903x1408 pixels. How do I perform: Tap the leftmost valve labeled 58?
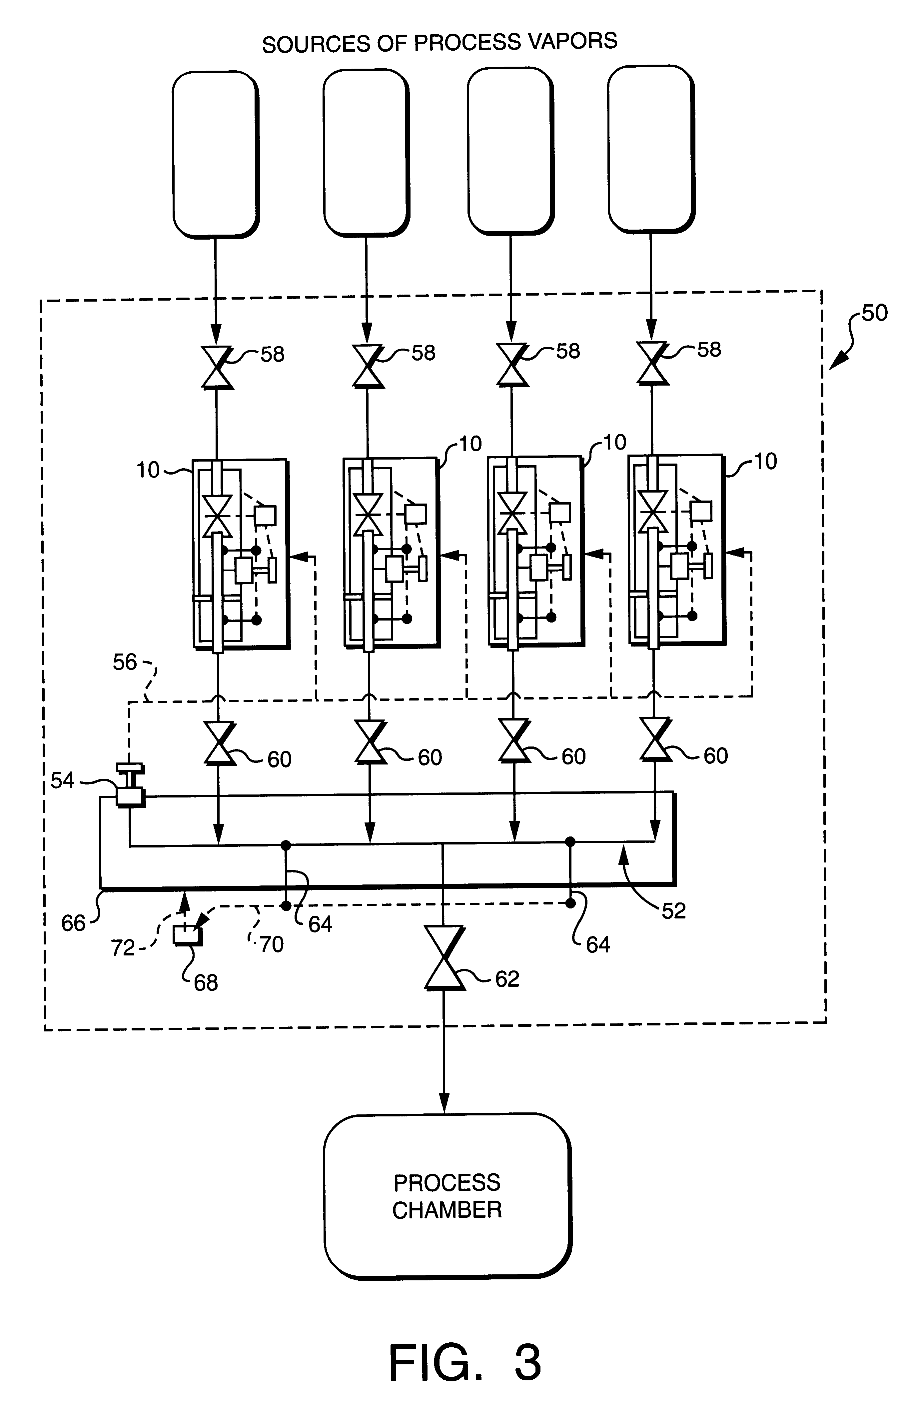pos(217,368)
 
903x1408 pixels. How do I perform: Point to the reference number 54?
pos(63,780)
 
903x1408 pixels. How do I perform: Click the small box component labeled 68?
pos(187,935)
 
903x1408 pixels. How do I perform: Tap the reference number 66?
pos(73,924)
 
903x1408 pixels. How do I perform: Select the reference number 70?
pos(272,945)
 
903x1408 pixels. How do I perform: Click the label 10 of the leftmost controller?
pos(148,470)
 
